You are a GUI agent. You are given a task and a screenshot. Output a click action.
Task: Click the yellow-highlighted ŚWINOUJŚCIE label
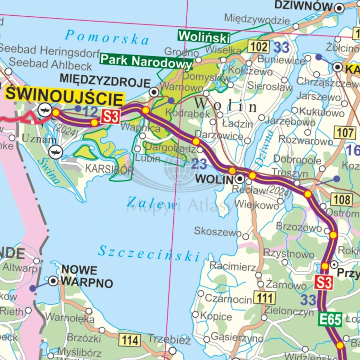pos(64,96)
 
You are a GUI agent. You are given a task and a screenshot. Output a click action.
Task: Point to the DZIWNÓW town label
pos(303,6)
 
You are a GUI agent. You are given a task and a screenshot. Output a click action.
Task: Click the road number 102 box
pos(258,47)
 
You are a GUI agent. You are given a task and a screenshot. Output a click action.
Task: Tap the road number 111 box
pos(264,298)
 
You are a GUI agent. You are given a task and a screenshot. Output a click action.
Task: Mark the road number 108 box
pos(341,199)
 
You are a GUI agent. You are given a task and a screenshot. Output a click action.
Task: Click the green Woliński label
pos(204,36)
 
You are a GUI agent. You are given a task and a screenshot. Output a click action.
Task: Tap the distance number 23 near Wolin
pos(199,164)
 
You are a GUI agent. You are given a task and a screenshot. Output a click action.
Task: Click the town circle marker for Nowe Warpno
pos(53,280)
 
